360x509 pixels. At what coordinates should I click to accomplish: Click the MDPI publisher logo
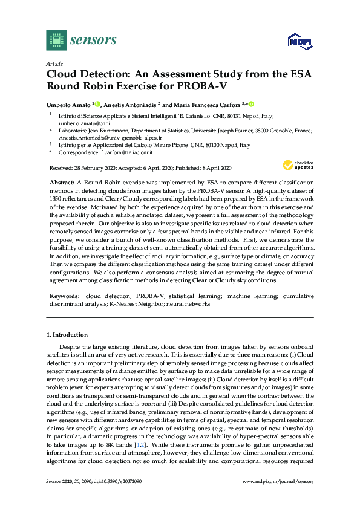299,41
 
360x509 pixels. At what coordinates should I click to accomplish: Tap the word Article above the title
54,63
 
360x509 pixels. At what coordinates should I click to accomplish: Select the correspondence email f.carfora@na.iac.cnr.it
126,154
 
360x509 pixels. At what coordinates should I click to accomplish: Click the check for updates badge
298,165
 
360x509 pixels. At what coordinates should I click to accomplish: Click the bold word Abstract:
62,182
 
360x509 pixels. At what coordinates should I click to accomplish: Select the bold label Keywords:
64,296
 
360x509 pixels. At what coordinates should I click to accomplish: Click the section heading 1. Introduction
67,334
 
